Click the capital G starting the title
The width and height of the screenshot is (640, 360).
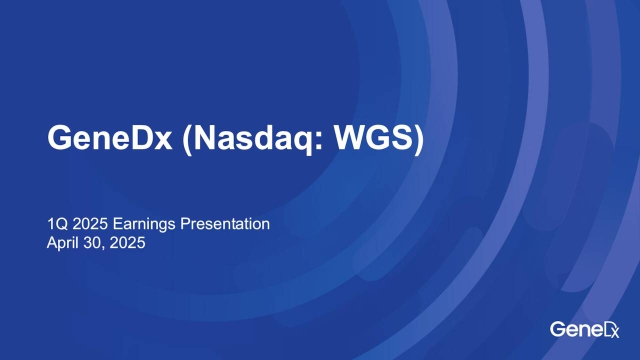click(61, 141)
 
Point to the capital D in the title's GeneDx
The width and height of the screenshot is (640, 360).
click(143, 141)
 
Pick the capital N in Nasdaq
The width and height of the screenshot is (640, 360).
click(207, 141)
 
